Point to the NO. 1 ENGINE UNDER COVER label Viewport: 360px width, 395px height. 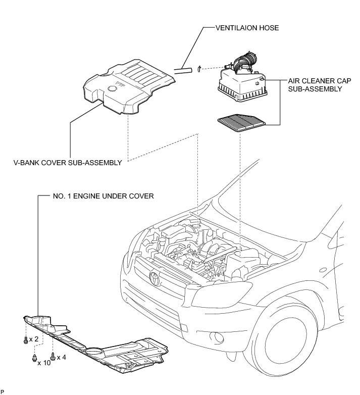coord(103,195)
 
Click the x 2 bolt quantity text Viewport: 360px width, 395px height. coord(34,338)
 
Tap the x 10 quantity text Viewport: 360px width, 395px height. coord(43,363)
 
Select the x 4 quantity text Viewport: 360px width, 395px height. coord(61,357)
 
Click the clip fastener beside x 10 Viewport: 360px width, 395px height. coord(34,359)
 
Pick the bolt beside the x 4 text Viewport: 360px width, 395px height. coord(53,356)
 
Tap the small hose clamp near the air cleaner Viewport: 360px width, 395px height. coord(200,68)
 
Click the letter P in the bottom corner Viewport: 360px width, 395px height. coord(3,392)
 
